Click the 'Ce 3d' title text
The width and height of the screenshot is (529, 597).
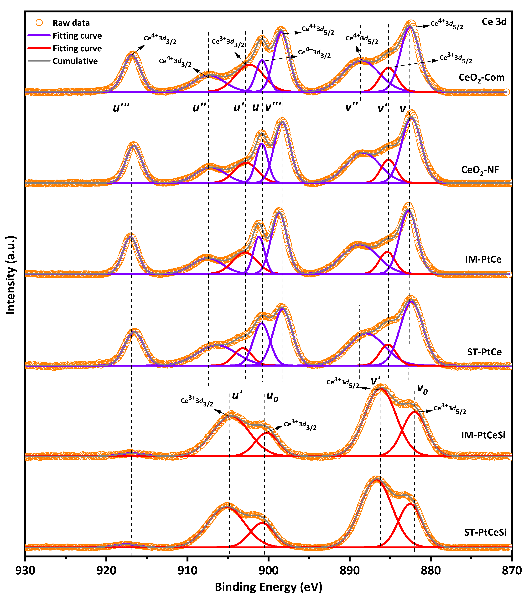point(494,22)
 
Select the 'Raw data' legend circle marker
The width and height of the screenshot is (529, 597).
point(39,23)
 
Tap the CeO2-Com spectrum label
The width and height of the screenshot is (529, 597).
point(481,78)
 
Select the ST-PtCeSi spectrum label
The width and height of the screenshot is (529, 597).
point(485,532)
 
